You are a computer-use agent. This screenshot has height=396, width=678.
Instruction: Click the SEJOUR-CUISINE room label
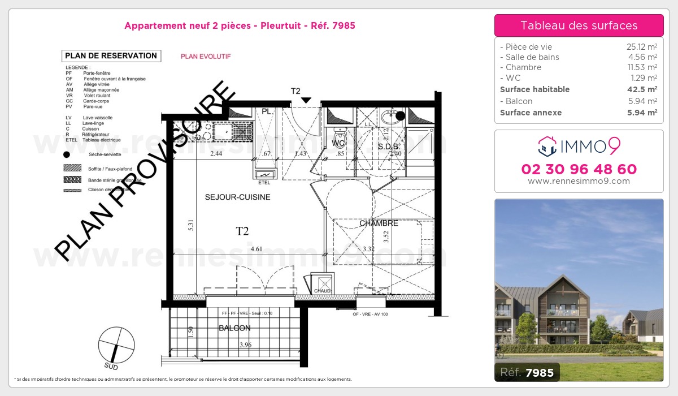point(237,197)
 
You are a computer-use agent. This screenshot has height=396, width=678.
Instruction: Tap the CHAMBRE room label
point(379,223)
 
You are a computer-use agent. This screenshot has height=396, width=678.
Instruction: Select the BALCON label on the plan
point(234,328)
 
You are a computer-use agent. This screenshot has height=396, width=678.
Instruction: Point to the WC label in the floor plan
point(338,144)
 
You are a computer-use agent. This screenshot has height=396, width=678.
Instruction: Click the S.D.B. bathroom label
point(389,147)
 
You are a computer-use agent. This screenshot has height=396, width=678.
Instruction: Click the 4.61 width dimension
point(256,248)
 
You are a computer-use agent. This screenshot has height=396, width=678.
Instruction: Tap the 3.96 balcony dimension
point(246,345)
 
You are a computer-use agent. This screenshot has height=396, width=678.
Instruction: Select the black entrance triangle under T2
point(306,101)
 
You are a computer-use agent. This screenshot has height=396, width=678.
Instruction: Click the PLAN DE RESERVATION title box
point(111,55)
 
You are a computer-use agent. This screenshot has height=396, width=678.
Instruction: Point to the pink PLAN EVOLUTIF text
point(206,57)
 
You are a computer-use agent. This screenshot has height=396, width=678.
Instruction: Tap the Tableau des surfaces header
point(579,25)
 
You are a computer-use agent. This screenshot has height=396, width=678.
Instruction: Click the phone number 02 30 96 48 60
point(579,169)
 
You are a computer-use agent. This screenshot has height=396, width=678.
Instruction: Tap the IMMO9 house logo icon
point(546,146)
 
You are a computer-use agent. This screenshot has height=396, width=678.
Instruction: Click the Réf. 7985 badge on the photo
point(527,372)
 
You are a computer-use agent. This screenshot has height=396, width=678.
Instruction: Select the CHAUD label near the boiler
point(322,291)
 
